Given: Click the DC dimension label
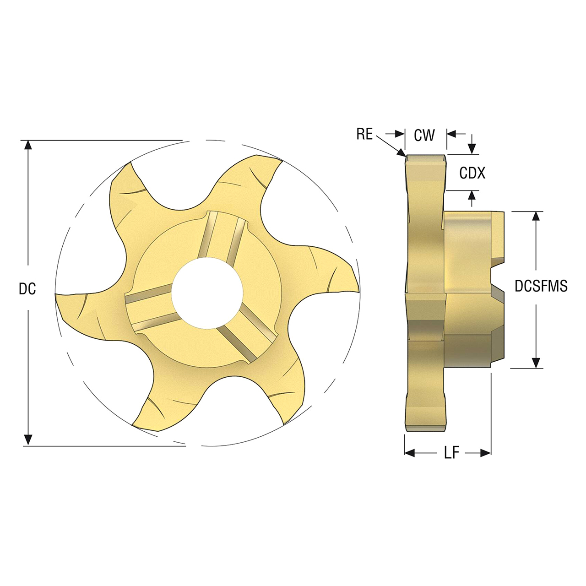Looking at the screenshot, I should point(27,289).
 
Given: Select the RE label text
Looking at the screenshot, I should point(364,134).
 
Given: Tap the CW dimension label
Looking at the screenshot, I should point(424,135).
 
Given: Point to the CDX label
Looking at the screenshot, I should point(472,173).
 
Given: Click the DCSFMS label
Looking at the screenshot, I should point(541,286).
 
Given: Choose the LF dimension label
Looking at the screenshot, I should point(451,453).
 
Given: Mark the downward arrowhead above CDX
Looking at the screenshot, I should point(472,149).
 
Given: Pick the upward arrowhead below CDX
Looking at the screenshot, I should point(472,195).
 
